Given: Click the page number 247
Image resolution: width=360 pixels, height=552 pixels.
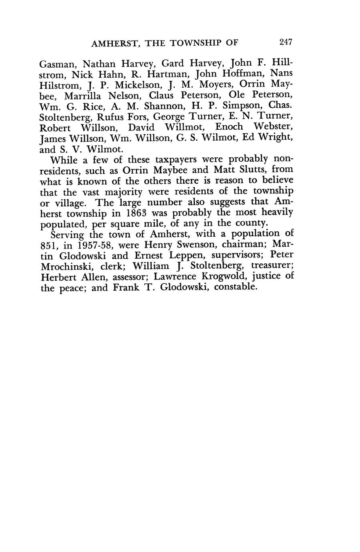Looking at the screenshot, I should pos(286,42).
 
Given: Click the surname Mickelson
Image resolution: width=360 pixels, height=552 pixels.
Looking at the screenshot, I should pos(138,85).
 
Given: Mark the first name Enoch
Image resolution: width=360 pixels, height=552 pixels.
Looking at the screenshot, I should pos(229,128).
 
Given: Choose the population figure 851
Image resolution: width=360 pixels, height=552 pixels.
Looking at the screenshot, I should pos(49,244).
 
